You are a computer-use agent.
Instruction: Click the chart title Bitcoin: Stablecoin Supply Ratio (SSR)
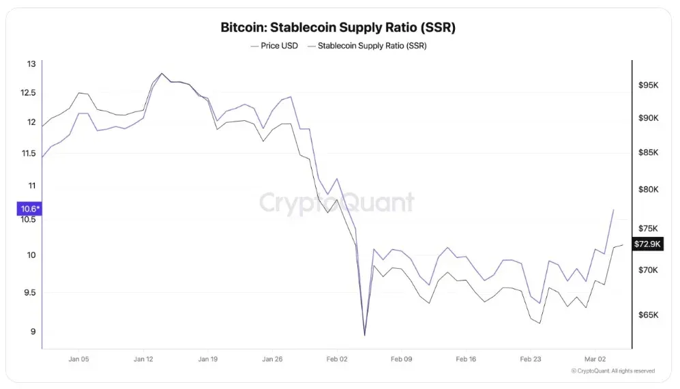coord(338,28)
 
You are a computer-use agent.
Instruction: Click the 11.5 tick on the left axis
coord(29,154)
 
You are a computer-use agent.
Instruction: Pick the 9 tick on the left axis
coord(32,332)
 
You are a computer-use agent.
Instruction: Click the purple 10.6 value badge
coord(29,209)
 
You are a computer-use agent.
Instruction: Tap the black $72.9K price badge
coord(647,244)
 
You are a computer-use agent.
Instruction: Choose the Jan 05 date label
coord(78,358)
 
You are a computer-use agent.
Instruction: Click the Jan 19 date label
coord(208,358)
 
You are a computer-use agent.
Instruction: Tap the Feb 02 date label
coord(337,358)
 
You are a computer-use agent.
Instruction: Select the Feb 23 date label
coord(531,358)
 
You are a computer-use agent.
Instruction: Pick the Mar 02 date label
coord(595,358)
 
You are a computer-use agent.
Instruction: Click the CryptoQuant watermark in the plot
coord(337,203)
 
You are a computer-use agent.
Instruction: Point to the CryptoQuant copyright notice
coord(613,371)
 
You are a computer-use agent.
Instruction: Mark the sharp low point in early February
coord(365,335)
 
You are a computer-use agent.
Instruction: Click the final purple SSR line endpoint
coord(614,210)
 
